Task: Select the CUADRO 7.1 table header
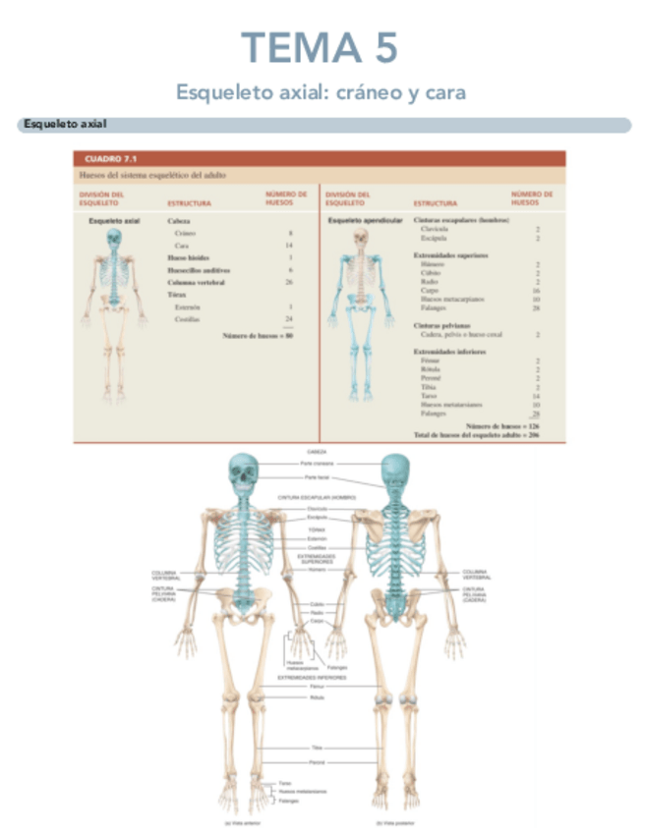pos(112,157)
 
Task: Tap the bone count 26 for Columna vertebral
pos(288,282)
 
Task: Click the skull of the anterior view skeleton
pos(241,473)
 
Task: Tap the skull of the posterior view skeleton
pos(395,472)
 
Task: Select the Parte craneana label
pos(317,462)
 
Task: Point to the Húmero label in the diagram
pos(317,569)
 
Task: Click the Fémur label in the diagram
pos(317,686)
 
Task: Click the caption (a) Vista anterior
pos(241,822)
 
